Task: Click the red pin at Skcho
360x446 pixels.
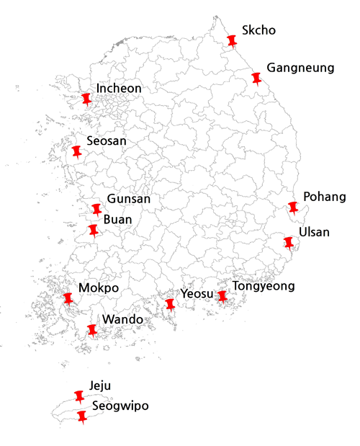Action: click(x=231, y=40)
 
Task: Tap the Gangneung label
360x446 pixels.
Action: click(x=300, y=68)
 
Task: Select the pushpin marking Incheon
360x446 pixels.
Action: click(x=87, y=99)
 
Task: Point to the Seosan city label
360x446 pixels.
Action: click(x=106, y=141)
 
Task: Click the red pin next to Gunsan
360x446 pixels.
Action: click(x=96, y=209)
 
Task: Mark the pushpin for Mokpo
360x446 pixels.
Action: click(x=68, y=298)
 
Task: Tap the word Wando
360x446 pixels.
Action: click(x=122, y=319)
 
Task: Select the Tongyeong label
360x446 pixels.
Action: click(x=264, y=286)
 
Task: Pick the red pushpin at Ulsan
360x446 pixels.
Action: click(x=289, y=242)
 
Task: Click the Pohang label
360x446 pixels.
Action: click(x=325, y=197)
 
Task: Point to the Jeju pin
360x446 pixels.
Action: click(x=79, y=396)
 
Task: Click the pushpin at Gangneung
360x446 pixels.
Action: click(x=256, y=78)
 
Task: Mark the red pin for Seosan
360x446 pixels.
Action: click(x=76, y=151)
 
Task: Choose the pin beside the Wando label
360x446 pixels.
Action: click(x=91, y=330)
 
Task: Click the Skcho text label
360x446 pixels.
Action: click(x=259, y=31)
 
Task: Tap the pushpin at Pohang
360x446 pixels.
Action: click(x=293, y=208)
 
